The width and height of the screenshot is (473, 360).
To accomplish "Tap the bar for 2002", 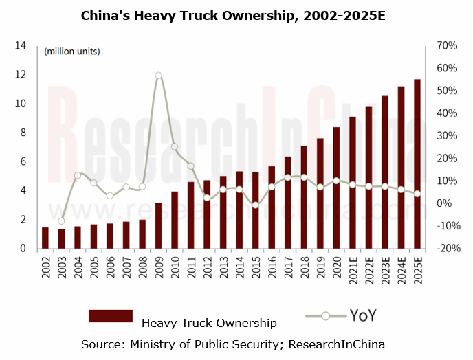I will coord(45,238).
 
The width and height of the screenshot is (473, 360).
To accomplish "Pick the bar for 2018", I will coord(304,196).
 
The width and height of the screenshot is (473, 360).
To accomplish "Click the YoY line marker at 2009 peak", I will coord(158,76).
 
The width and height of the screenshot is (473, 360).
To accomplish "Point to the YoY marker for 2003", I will coord(61,221).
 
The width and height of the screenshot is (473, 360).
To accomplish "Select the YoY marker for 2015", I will coord(256,205).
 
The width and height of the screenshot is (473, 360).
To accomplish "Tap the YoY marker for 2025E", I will coord(417,193).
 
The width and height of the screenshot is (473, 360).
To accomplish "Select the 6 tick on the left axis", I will coord(22,161).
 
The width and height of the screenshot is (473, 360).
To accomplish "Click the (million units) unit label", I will coord(72,52).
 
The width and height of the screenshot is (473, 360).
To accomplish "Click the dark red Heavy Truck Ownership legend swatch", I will coord(110,316).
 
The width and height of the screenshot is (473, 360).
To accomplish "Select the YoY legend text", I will coord(362,316).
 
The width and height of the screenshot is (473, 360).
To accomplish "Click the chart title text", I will coord(236,14).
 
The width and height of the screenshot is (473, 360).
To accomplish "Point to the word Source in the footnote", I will coord(100,344).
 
